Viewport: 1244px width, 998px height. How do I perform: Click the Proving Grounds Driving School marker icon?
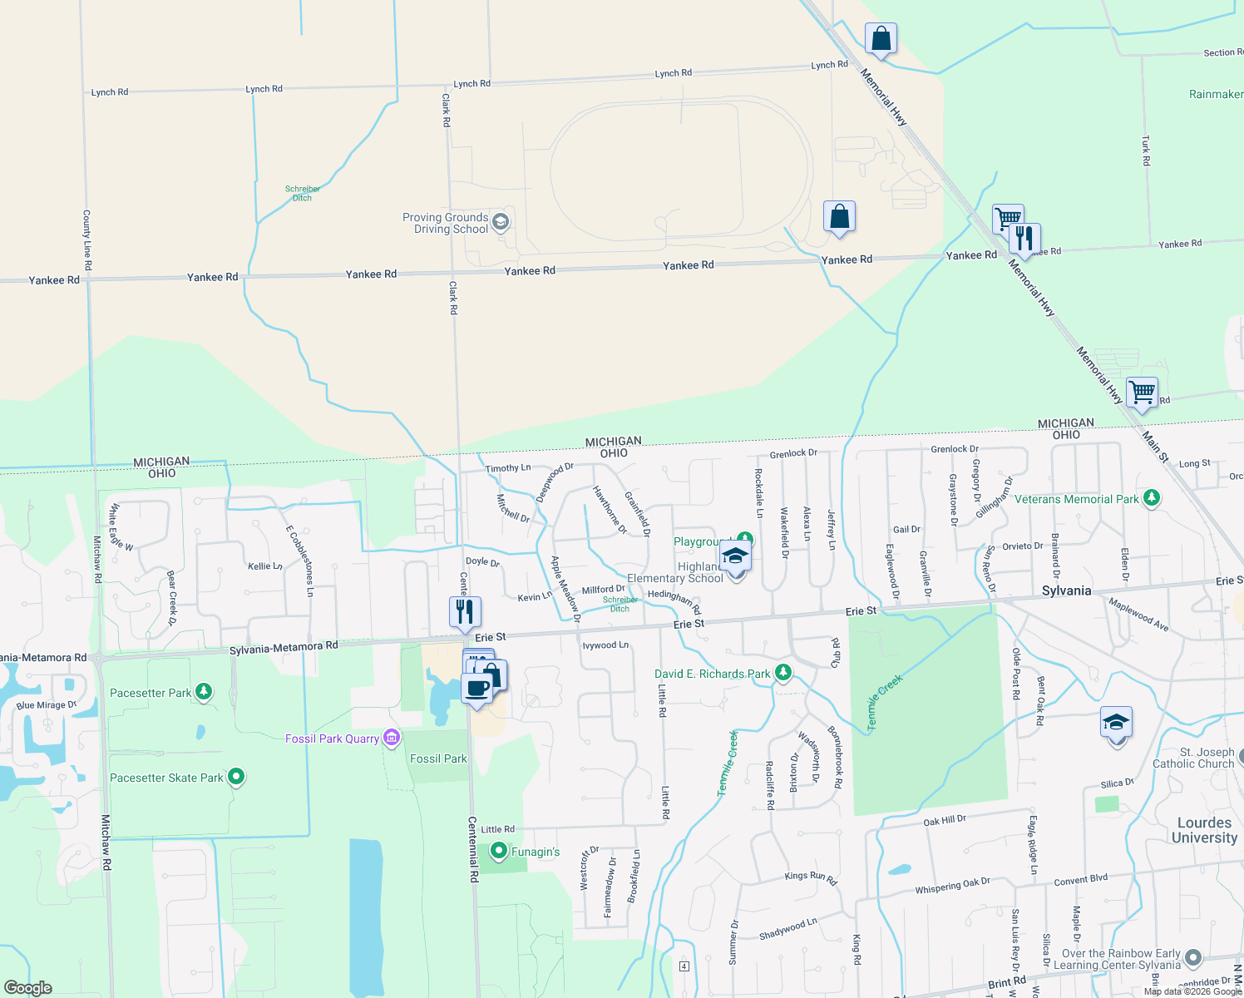pos(501,221)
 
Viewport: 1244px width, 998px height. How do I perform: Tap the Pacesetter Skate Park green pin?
pos(236,777)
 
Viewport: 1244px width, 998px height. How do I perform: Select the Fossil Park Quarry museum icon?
pos(392,738)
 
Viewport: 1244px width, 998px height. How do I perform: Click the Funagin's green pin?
pos(499,851)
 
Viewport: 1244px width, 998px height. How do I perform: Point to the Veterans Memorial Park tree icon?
pos(1152,498)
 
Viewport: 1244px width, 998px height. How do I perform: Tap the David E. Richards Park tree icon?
pos(782,673)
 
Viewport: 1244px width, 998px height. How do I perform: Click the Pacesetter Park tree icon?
pos(204,692)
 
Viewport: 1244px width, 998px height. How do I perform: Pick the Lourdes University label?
pos(1204,830)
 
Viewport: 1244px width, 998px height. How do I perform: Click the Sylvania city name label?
pos(1066,590)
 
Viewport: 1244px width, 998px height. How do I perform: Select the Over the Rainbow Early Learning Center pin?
pos(1193,957)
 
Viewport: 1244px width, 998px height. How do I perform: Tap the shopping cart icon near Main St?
pos(1143,392)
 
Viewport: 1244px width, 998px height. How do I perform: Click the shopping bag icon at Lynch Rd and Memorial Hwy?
pos(881,38)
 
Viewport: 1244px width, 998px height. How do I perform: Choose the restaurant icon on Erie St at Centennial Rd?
pos(465,611)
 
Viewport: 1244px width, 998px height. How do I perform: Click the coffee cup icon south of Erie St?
pos(477,689)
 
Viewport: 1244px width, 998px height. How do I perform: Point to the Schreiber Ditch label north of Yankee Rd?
pos(303,193)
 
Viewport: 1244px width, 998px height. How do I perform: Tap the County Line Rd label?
pos(87,240)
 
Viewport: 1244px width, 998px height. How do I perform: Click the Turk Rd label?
pos(1146,151)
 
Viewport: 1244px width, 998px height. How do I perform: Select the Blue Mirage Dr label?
pos(47,705)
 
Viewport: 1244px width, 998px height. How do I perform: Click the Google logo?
pos(28,988)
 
